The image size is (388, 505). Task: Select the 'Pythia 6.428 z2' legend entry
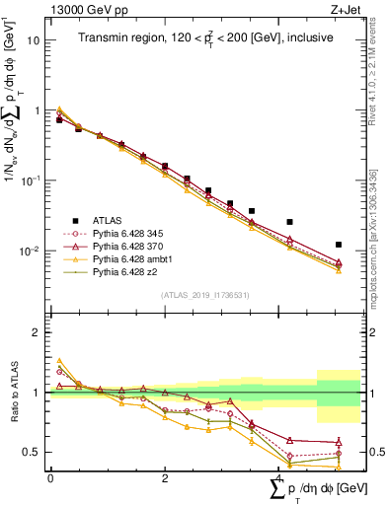click(x=135, y=270)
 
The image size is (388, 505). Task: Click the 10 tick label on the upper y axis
click(x=34, y=41)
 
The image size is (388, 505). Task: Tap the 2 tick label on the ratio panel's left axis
click(x=38, y=332)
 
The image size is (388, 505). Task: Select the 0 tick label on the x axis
click(x=50, y=477)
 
